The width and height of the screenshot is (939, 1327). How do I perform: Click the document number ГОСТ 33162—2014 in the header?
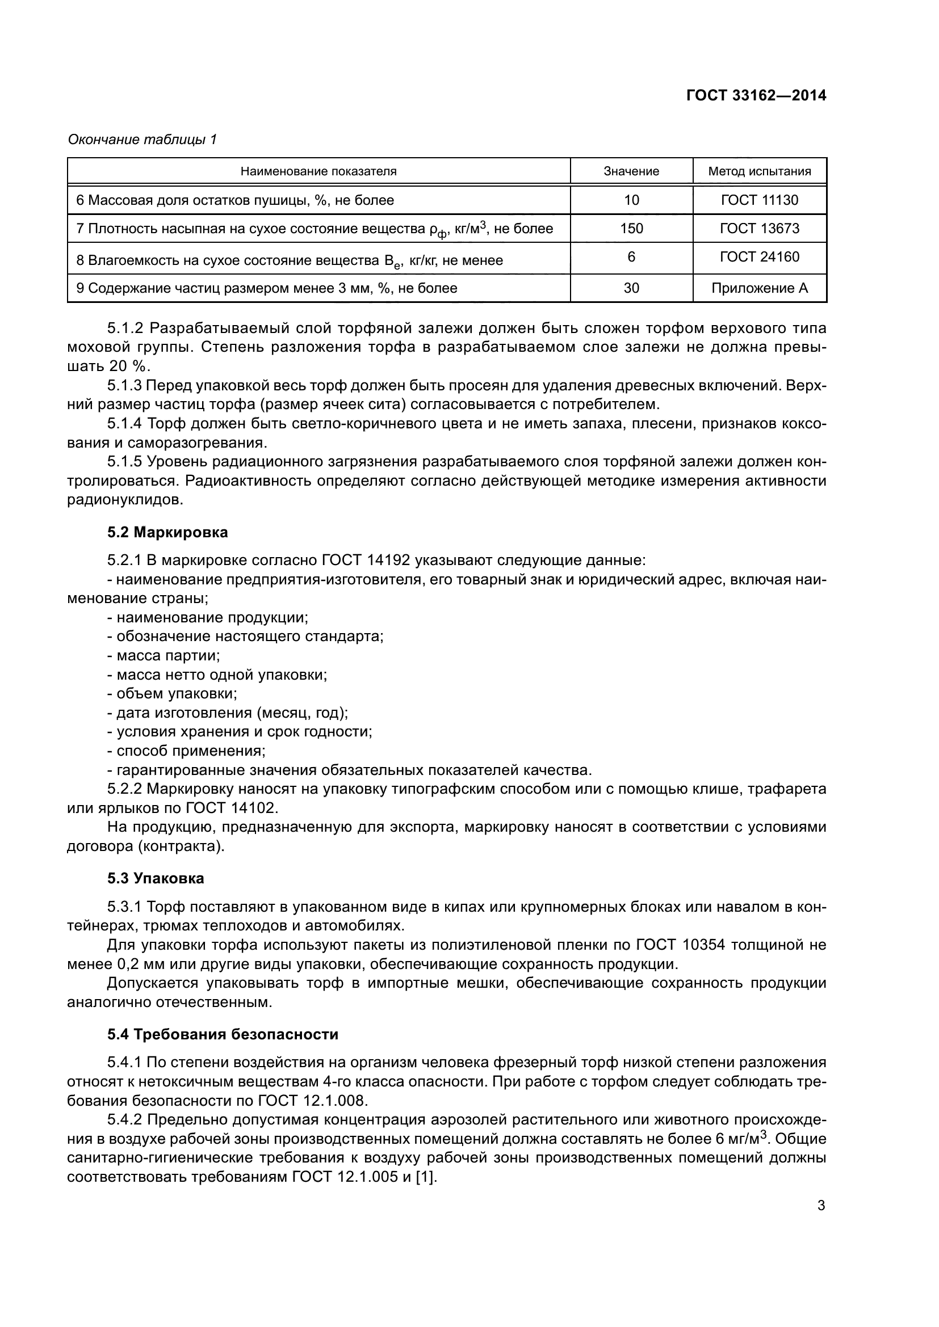tap(756, 95)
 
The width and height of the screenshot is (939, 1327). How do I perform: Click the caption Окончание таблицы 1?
tap(142, 140)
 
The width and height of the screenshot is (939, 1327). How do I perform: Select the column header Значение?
tap(631, 171)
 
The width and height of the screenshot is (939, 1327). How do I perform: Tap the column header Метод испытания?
tap(759, 171)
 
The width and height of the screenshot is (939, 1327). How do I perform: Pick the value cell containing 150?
tap(631, 228)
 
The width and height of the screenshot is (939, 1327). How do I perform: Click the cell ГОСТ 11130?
tap(759, 200)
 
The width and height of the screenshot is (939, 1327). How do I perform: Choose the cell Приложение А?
tap(759, 288)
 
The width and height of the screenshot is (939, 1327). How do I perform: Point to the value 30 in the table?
tap(631, 288)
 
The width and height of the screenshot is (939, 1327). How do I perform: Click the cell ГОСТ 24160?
tap(759, 256)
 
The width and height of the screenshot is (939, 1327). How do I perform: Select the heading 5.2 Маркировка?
tap(167, 532)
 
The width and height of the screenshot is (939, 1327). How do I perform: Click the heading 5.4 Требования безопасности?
tap(223, 1034)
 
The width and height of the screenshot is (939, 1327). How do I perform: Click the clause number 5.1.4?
tap(124, 424)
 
